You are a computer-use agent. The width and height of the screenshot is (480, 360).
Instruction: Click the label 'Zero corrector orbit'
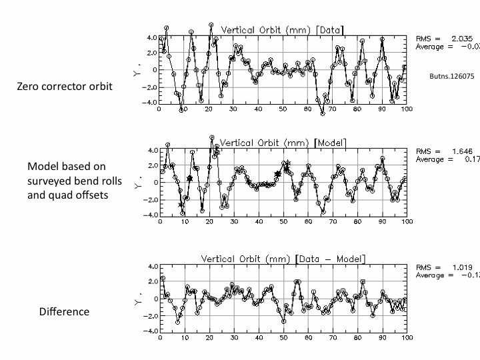click(65, 87)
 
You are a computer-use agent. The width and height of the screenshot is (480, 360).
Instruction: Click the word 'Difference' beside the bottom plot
click(64, 311)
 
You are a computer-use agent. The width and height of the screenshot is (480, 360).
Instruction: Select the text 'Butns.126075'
click(451, 76)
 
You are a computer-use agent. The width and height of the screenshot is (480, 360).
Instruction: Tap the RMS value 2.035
click(461, 39)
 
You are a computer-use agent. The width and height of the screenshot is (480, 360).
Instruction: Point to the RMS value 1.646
click(462, 151)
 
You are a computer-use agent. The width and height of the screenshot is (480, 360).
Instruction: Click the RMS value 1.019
click(462, 267)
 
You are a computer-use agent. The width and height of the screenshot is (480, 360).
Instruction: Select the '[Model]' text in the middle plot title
click(331, 143)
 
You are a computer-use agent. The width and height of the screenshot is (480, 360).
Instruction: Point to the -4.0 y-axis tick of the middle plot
click(151, 215)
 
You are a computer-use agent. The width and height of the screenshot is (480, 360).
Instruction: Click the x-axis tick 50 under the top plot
click(283, 109)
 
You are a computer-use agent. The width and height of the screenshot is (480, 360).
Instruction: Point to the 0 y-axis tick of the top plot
click(154, 70)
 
